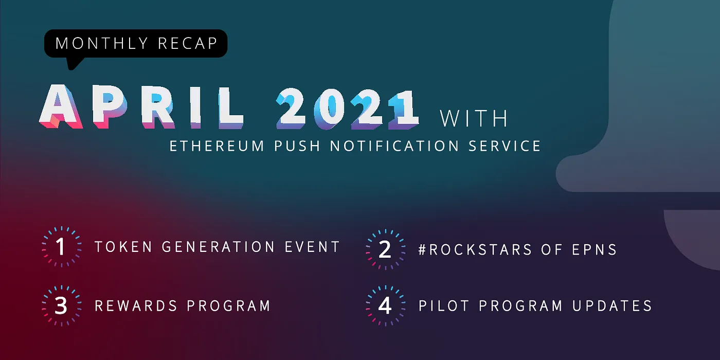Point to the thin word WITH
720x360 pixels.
(474, 118)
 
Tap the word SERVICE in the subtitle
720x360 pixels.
(505, 146)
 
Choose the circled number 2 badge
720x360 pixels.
(385, 250)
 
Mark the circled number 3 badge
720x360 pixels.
(61, 306)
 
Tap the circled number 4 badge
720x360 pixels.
(385, 306)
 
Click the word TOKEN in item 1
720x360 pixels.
(123, 247)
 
